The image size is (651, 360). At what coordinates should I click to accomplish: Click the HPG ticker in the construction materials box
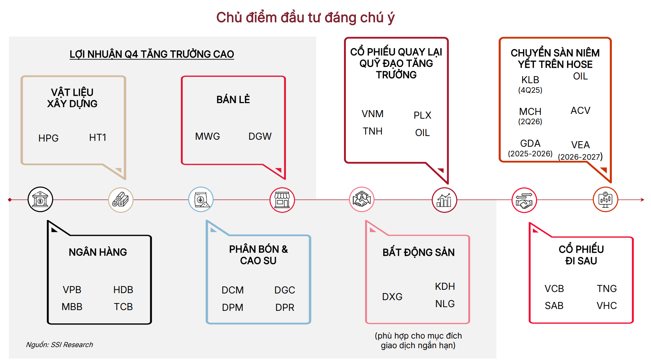pos(48,138)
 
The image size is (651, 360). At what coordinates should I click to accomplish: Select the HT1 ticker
pos(98,137)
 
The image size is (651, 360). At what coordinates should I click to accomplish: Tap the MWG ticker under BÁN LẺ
pos(208,136)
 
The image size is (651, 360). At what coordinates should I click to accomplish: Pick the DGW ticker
pos(260,136)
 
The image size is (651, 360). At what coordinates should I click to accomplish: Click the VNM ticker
pos(372,114)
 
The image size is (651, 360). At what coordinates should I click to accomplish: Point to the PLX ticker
pos(422,115)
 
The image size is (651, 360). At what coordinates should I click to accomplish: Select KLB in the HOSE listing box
pos(530,80)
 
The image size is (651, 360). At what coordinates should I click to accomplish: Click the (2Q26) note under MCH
pos(530,122)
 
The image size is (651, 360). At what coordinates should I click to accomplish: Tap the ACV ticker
pos(580,111)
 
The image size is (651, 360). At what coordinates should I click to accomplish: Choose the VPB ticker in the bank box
pos(72,290)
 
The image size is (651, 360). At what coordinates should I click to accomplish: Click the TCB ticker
pos(123,307)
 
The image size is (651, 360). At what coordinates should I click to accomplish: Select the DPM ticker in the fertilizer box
pos(233,308)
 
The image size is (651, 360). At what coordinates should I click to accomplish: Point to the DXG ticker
pos(392,297)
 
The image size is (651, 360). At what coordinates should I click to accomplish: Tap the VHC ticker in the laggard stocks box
pos(607,306)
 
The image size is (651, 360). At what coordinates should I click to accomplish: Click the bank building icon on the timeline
pos(40,200)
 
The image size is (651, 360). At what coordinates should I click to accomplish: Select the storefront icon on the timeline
pos(282,200)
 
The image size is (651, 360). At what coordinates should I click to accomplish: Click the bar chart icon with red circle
pos(444,200)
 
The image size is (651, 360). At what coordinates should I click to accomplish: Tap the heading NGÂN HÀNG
pos(98,252)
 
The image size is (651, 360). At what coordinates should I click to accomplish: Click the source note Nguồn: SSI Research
pos(60,344)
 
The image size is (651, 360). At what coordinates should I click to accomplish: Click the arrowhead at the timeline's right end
pos(642,200)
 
